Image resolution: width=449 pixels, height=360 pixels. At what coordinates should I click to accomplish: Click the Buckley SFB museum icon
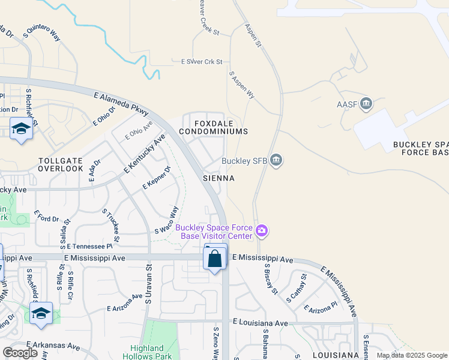(x=276, y=160)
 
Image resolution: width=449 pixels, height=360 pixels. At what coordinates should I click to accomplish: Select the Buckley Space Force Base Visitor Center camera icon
(x=262, y=230)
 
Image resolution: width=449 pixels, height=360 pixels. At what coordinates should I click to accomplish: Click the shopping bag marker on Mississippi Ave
(x=215, y=259)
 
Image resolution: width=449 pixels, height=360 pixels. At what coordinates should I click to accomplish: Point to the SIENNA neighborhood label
(x=217, y=178)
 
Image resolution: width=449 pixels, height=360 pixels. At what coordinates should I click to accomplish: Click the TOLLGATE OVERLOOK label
(x=61, y=164)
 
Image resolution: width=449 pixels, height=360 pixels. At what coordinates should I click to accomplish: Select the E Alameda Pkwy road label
(x=121, y=104)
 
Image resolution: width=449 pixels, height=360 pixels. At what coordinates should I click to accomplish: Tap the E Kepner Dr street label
(x=156, y=178)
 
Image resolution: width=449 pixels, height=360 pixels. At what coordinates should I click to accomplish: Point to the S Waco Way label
(x=167, y=220)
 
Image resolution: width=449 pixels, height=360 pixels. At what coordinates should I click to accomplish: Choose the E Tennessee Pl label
(x=89, y=246)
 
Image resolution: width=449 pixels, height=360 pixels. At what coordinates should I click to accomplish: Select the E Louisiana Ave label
(x=261, y=322)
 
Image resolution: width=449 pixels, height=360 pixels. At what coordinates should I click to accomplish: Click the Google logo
(x=20, y=353)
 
